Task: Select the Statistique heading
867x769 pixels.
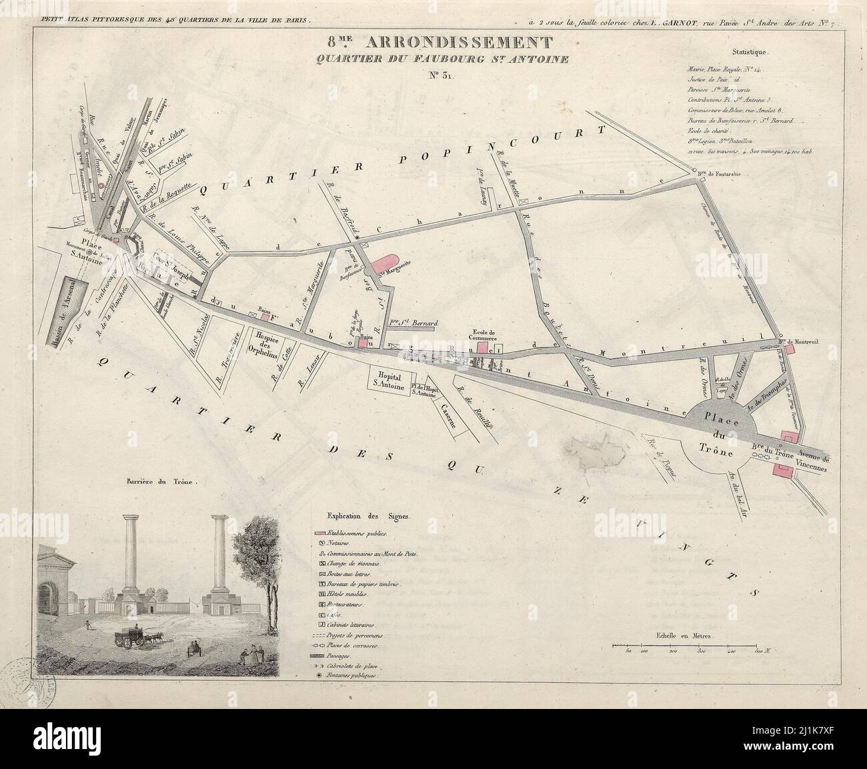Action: point(750,51)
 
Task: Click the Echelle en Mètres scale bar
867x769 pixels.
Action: point(686,646)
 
